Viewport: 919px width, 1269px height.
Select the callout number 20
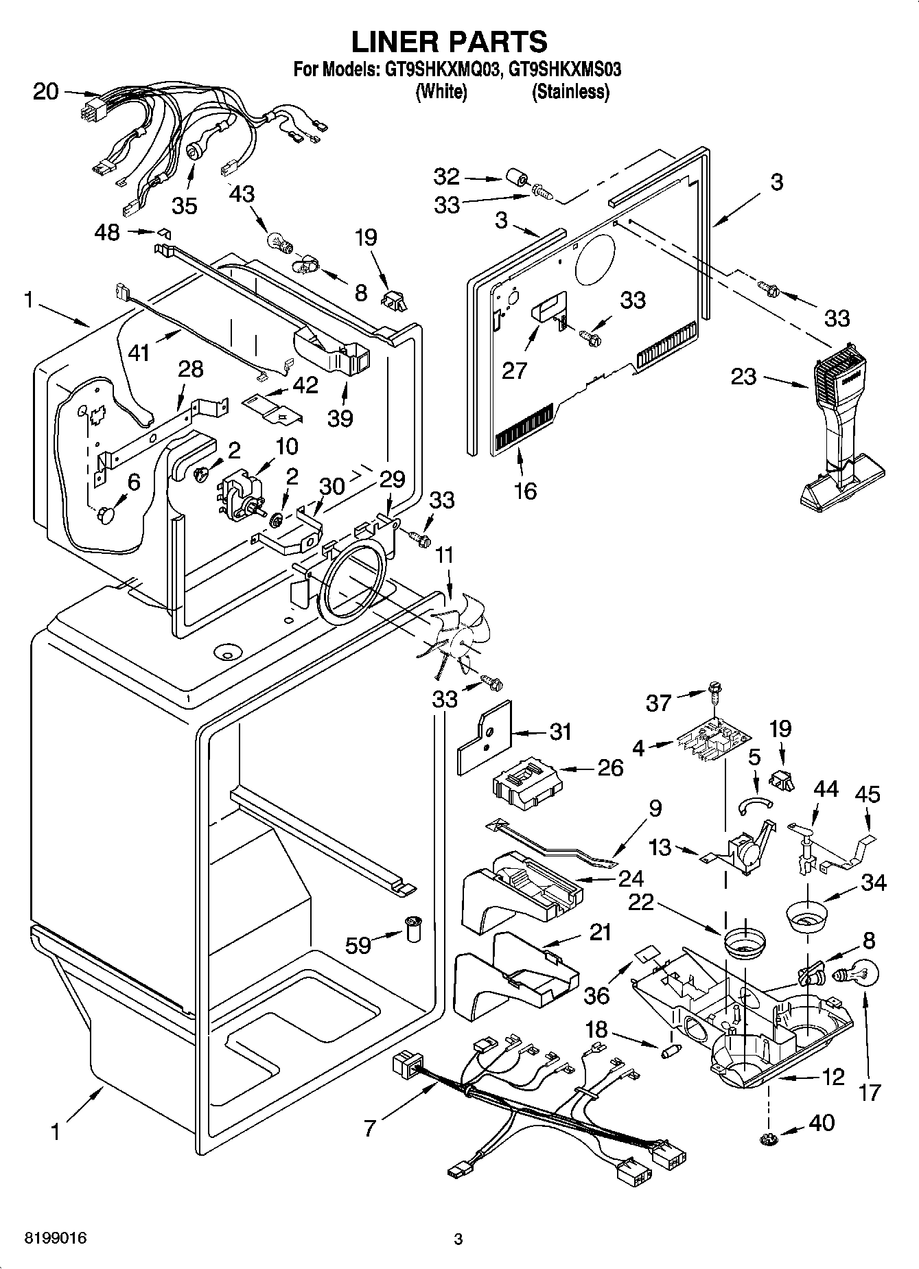pos(46,92)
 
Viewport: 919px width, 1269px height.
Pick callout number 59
pos(358,944)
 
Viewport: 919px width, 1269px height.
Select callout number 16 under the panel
pos(526,491)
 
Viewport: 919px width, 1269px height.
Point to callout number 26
pos(610,767)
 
